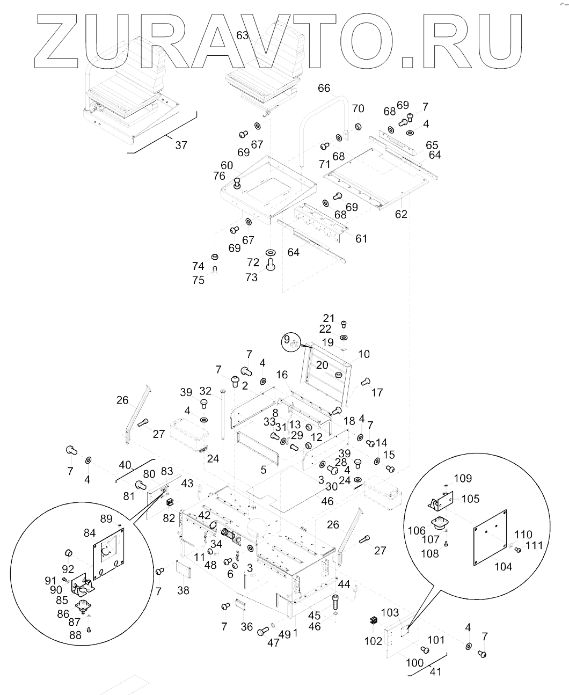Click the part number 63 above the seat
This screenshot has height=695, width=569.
(243, 35)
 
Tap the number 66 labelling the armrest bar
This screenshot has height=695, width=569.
(324, 88)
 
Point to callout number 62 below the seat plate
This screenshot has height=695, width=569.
(401, 214)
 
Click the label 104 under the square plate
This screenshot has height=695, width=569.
(503, 566)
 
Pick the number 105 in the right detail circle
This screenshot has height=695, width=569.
(470, 499)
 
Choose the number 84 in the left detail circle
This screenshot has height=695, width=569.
(89, 532)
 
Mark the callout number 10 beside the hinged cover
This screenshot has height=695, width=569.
(364, 354)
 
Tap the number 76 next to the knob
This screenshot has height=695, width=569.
(219, 175)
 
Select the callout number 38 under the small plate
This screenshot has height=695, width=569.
(183, 590)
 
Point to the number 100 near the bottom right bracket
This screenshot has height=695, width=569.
(414, 662)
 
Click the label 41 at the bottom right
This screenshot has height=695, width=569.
(435, 671)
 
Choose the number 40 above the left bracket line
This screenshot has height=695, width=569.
(125, 464)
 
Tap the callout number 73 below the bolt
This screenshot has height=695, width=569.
(251, 277)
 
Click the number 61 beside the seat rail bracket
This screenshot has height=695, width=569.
(361, 238)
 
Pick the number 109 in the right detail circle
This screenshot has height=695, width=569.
(462, 478)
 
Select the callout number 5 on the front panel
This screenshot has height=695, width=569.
(263, 470)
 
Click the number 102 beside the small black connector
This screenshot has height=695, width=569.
(373, 641)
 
